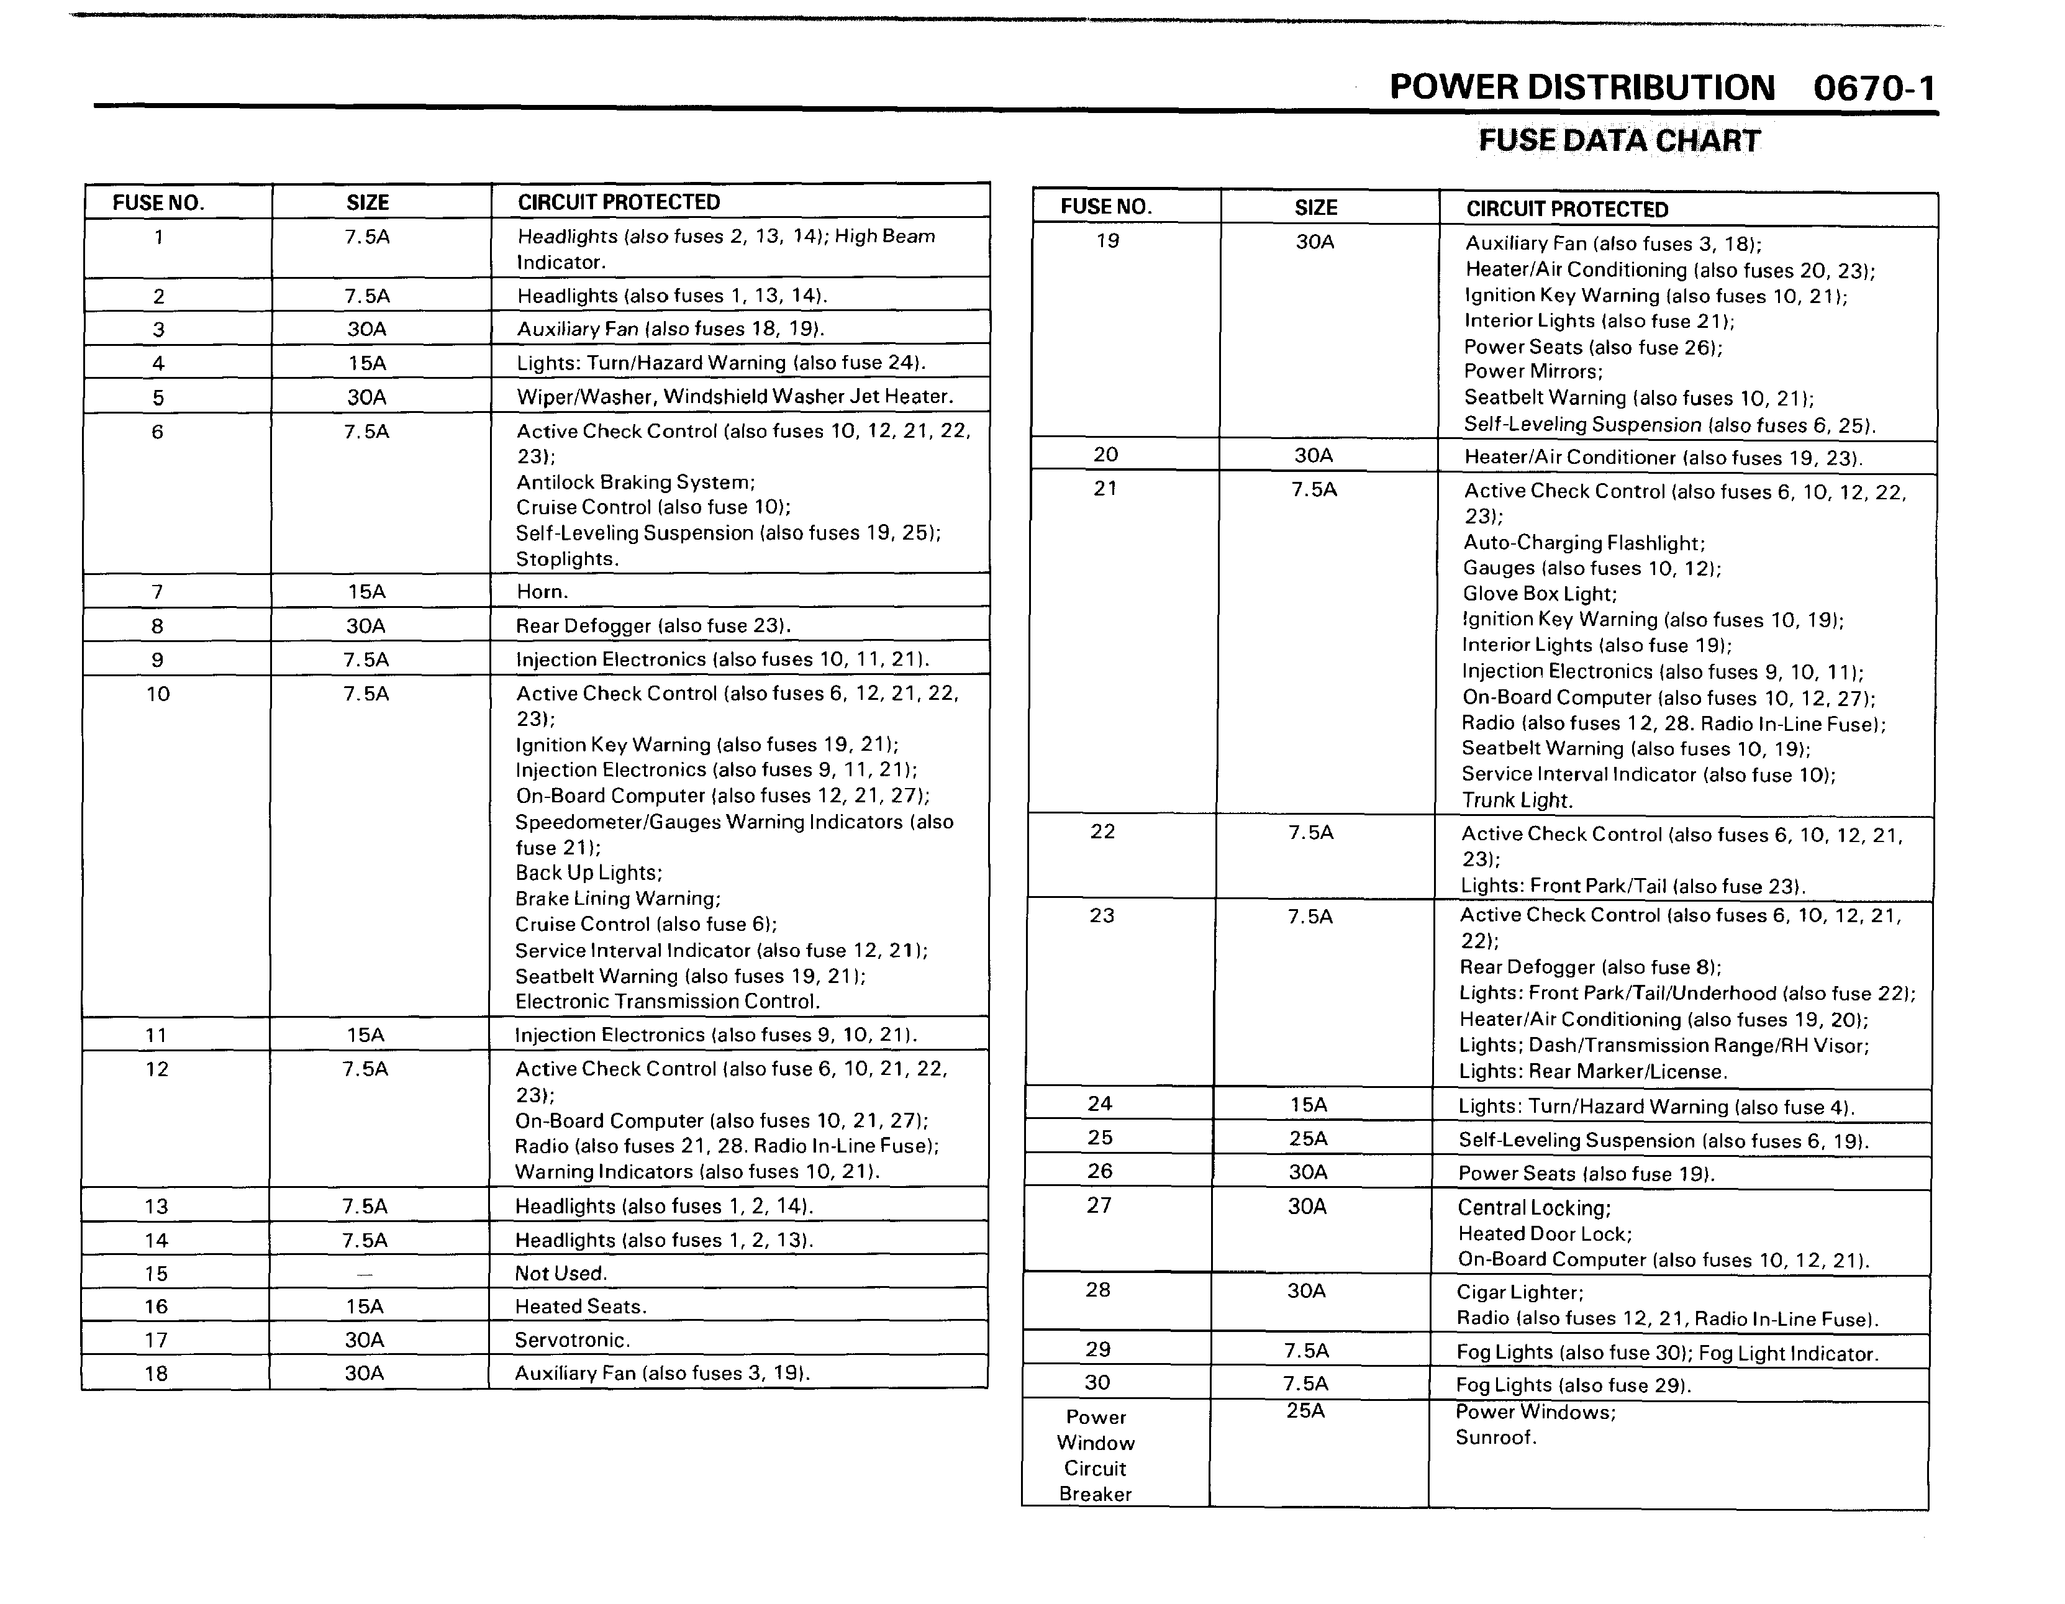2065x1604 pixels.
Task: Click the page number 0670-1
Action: (x=1874, y=89)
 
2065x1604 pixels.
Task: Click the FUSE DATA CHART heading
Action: (x=1618, y=141)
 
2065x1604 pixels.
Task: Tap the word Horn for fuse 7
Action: (x=542, y=592)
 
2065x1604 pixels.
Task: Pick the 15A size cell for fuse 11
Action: (x=365, y=1035)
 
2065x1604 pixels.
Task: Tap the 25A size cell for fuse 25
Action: (x=1309, y=1138)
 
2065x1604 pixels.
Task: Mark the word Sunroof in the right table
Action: (x=1495, y=1438)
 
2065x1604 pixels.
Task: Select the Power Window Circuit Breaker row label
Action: (x=1096, y=1455)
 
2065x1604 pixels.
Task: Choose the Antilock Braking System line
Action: (x=635, y=482)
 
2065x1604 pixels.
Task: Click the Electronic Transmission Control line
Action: (x=666, y=1001)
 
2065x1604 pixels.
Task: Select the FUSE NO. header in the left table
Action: (x=158, y=202)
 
